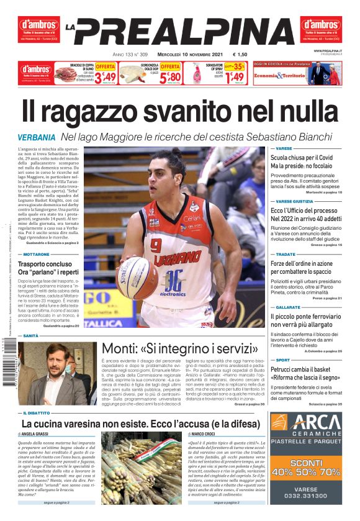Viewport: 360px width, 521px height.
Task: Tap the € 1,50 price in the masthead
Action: [x=240, y=54]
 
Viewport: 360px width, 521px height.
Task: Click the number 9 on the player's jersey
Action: [x=156, y=244]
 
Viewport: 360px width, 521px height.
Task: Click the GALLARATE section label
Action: [x=288, y=307]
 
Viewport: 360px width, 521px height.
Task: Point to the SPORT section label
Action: [x=283, y=360]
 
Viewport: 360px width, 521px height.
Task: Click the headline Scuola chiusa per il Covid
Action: [x=301, y=158]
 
